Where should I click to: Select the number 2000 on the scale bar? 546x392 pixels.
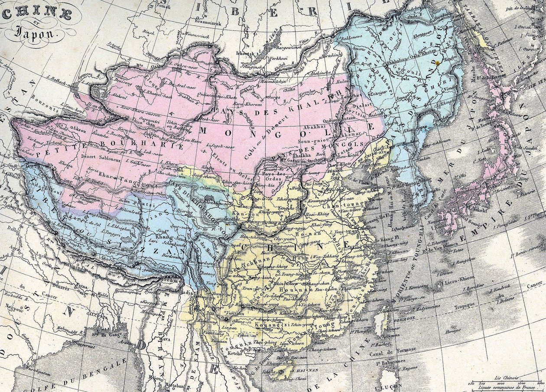pyautogui.click(x=539, y=383)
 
